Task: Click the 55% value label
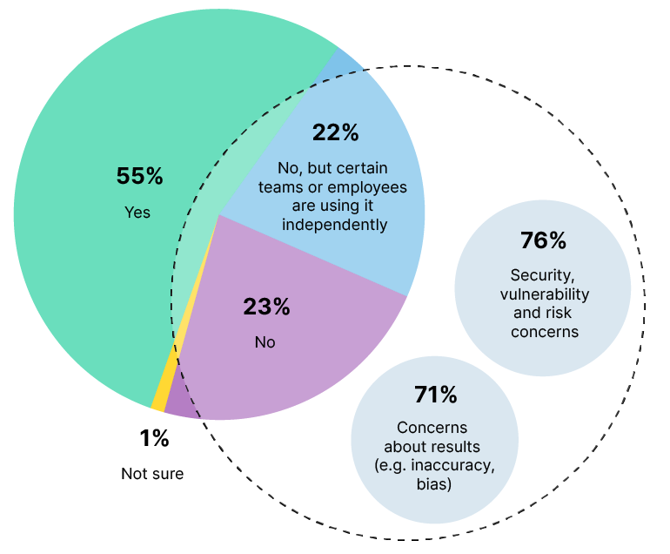139,176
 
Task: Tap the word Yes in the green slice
137,212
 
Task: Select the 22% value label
335,132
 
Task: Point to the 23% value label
265,307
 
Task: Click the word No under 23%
265,342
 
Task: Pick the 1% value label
153,439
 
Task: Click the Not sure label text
152,474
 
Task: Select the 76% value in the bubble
543,240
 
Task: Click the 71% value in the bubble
435,395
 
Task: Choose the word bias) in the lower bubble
433,483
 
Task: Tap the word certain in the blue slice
359,168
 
